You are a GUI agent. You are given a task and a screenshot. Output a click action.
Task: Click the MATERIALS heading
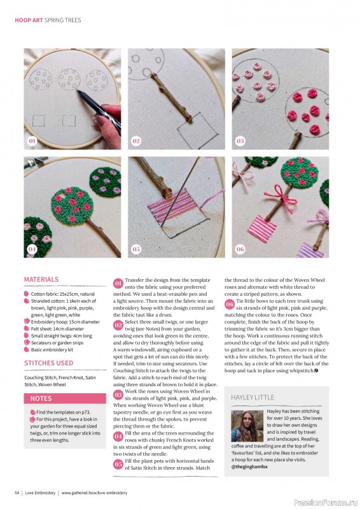[41, 279]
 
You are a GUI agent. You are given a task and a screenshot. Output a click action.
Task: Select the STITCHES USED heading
[48, 363]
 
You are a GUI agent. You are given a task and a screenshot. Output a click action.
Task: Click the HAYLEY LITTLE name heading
[253, 397]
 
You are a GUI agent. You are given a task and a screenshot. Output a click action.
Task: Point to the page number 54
[18, 492]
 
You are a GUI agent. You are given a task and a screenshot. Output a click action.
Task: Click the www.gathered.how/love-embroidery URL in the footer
[93, 492]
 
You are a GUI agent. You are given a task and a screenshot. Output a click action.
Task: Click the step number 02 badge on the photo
[136, 141]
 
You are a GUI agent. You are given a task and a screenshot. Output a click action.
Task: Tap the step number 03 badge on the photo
[240, 141]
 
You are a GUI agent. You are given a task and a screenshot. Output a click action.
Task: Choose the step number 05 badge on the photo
[136, 249]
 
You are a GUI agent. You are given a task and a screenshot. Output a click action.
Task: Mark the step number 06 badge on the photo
[240, 249]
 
